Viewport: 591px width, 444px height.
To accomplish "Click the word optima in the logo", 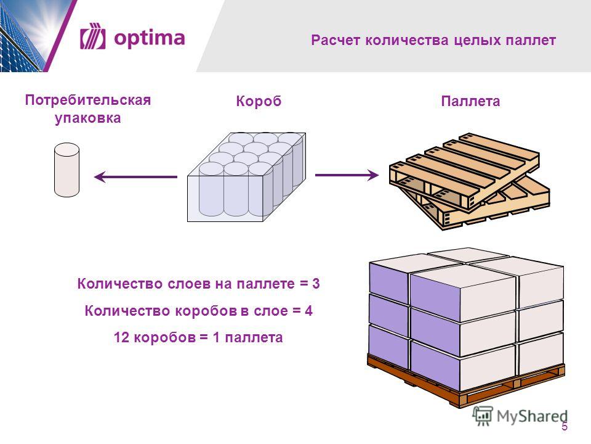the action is point(149,38).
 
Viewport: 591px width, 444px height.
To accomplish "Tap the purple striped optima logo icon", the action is point(93,36).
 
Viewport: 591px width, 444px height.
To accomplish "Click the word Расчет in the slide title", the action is point(336,40).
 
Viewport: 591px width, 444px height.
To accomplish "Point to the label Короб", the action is point(259,101).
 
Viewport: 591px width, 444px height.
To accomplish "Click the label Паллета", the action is point(470,101).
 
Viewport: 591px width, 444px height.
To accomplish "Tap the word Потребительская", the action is point(88,100).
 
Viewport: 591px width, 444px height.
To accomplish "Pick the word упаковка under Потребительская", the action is point(88,118).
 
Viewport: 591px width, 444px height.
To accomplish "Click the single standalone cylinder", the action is point(66,170).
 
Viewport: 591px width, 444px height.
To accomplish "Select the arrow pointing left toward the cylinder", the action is point(135,176).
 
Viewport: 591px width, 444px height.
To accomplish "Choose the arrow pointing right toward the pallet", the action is point(347,175).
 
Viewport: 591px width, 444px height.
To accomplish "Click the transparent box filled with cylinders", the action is point(246,177).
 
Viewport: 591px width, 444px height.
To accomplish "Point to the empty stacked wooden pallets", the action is point(470,181).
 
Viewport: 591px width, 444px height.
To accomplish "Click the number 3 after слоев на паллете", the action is point(316,284).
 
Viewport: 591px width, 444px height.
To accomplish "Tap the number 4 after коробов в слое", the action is point(308,311).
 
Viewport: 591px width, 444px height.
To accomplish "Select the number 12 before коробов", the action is point(122,337).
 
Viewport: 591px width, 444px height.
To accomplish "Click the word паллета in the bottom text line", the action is point(254,337).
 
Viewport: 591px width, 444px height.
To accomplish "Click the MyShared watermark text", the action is point(532,416).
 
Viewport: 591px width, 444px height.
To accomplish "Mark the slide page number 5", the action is point(565,427).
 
